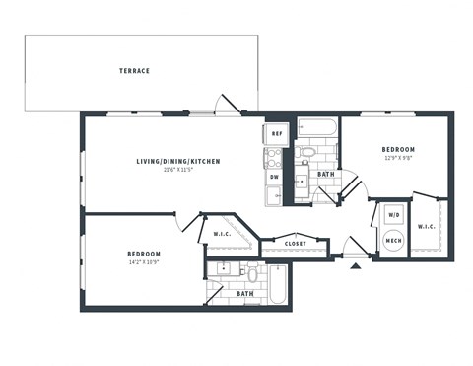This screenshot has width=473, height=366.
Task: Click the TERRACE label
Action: tap(134, 71)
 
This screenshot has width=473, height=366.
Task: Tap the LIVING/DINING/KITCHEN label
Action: tap(177, 161)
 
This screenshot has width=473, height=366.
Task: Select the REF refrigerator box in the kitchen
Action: tap(277, 132)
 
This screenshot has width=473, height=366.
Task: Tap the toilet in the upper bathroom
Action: tap(307, 154)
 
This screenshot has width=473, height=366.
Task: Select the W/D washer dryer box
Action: tap(393, 214)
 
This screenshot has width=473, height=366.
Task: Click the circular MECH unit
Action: tap(393, 240)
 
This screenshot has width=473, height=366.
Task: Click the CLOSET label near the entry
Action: tap(295, 243)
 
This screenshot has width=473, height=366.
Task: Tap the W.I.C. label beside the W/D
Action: tap(426, 227)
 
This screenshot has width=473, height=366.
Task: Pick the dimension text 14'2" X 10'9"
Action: tap(144, 262)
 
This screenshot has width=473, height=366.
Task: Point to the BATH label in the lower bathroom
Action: tap(244, 293)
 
